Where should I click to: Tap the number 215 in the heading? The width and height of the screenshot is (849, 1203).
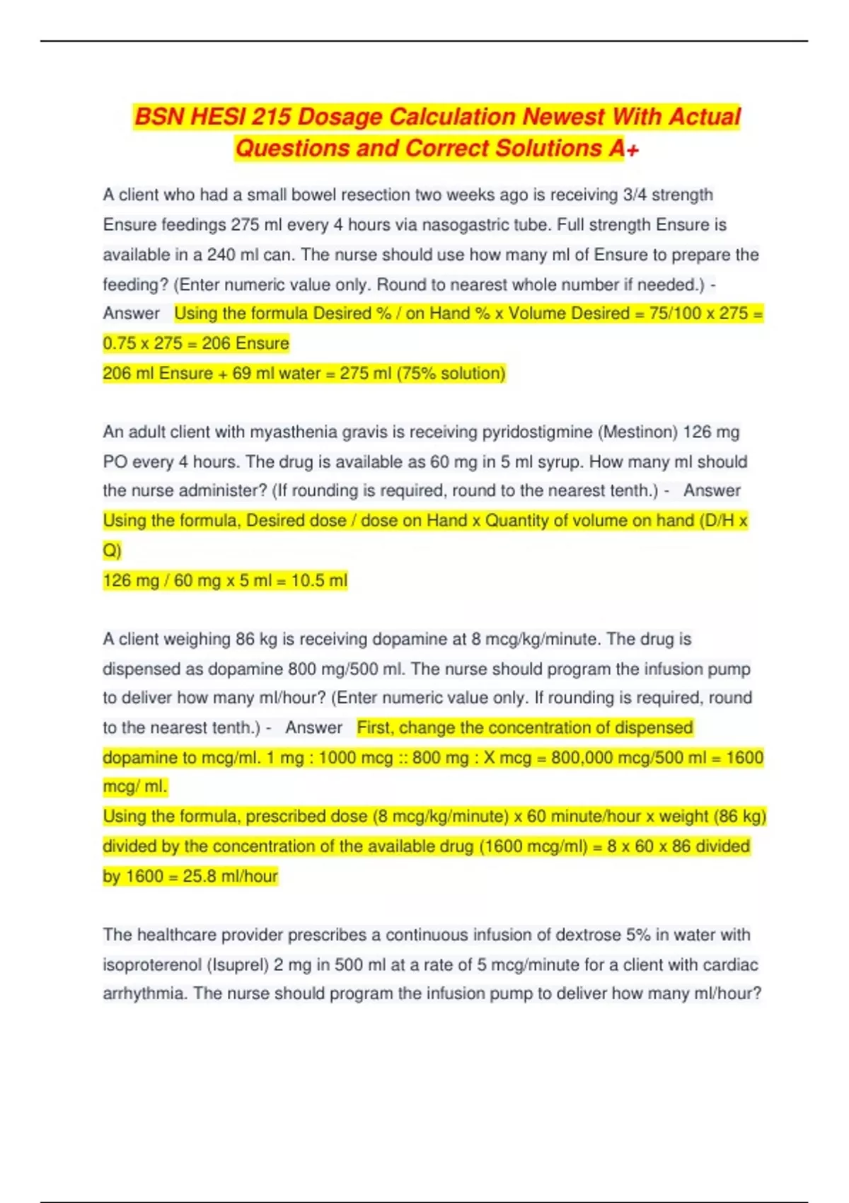click(270, 117)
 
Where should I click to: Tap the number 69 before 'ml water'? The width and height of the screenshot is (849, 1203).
click(241, 374)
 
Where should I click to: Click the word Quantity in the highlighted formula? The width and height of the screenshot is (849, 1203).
click(516, 521)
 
